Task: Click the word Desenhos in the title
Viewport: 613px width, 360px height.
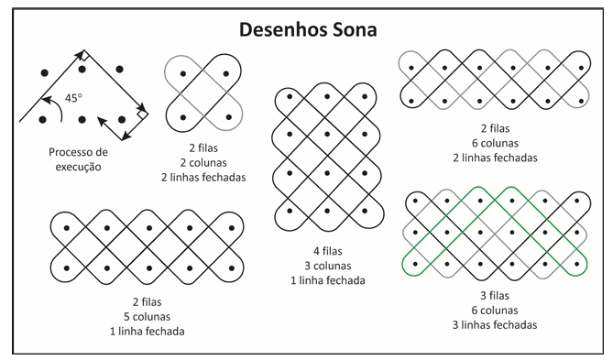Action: click(280, 28)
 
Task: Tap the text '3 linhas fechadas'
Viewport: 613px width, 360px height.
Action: click(494, 324)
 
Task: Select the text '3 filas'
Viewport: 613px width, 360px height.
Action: click(494, 295)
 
